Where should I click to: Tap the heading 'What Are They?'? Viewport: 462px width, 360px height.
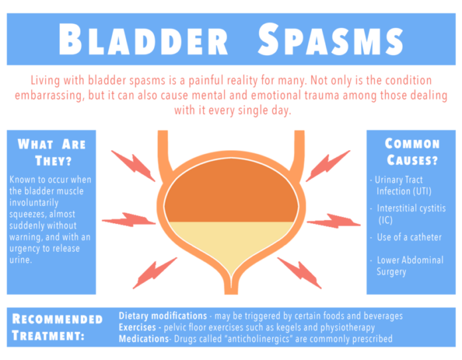coord(51,152)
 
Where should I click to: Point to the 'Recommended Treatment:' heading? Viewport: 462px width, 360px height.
coord(58,327)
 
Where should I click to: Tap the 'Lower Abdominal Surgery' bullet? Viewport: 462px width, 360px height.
coord(410,265)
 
